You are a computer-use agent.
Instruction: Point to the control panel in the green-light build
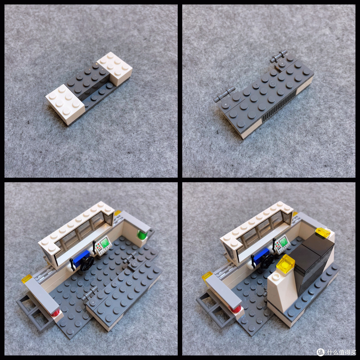coord(103,246)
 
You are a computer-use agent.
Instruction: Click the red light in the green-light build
coord(55,313)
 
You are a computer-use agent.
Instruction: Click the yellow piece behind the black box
coord(323,232)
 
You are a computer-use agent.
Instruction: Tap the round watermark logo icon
coord(320,352)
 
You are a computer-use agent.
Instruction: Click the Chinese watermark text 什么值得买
coord(341,352)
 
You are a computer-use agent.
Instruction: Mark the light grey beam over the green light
coord(133,220)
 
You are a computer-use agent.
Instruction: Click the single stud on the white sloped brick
coord(275,276)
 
